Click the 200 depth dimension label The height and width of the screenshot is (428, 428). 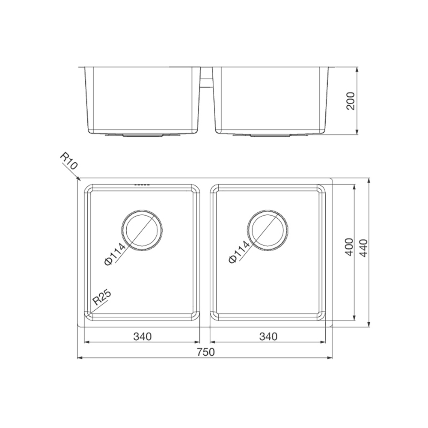click(x=350, y=101)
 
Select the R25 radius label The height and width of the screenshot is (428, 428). click(x=102, y=297)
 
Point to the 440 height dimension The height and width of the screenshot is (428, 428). click(x=363, y=248)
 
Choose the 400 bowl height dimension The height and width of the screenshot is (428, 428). click(x=349, y=247)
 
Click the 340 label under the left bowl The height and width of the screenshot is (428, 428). click(x=142, y=336)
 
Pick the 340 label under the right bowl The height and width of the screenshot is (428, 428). click(x=268, y=336)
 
